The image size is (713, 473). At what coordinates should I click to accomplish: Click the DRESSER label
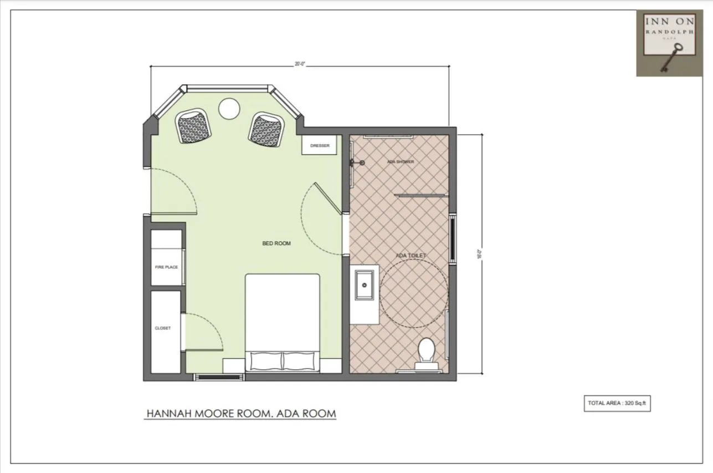(x=320, y=146)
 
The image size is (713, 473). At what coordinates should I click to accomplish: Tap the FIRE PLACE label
(x=166, y=267)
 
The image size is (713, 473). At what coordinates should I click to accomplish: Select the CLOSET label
(x=163, y=328)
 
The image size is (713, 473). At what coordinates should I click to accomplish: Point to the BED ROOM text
(x=276, y=243)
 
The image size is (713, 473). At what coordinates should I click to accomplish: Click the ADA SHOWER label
(x=401, y=162)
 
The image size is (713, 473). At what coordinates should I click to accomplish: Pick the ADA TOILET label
(x=411, y=256)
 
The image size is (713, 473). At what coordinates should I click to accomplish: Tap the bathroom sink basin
(x=364, y=285)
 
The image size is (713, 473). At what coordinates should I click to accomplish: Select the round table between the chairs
(x=229, y=108)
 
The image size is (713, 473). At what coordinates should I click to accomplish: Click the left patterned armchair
(x=194, y=126)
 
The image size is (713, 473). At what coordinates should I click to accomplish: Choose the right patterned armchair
(x=266, y=129)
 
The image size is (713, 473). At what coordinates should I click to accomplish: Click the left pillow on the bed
(x=266, y=361)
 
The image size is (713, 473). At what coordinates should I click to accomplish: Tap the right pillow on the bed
(x=301, y=361)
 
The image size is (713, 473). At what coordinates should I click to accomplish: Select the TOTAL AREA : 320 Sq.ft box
(x=617, y=403)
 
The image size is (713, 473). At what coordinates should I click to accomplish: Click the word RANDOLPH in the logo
(x=669, y=32)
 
